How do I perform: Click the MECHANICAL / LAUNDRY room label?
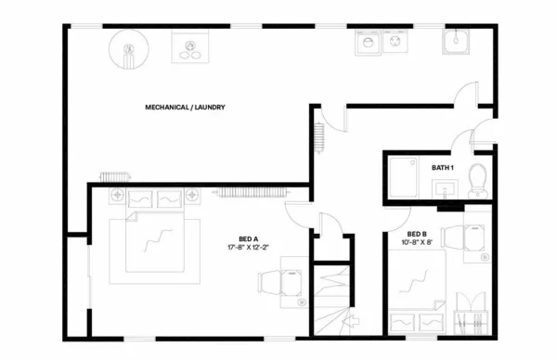[x=186, y=108]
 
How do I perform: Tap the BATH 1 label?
[x=442, y=168]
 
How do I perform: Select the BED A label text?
[x=248, y=239]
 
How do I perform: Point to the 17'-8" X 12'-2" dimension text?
[x=248, y=248]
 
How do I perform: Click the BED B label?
[x=417, y=234]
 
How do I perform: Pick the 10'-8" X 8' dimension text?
[x=417, y=243]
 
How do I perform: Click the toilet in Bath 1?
[x=478, y=177]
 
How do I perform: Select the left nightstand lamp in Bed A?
[x=121, y=195]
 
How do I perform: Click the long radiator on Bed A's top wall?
[x=253, y=191]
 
